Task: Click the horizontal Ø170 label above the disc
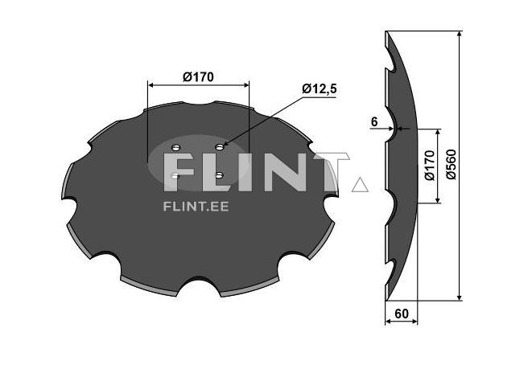198,77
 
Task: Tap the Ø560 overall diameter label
451,165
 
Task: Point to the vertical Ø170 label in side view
429,165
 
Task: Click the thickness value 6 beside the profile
374,121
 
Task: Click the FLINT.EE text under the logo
196,206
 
